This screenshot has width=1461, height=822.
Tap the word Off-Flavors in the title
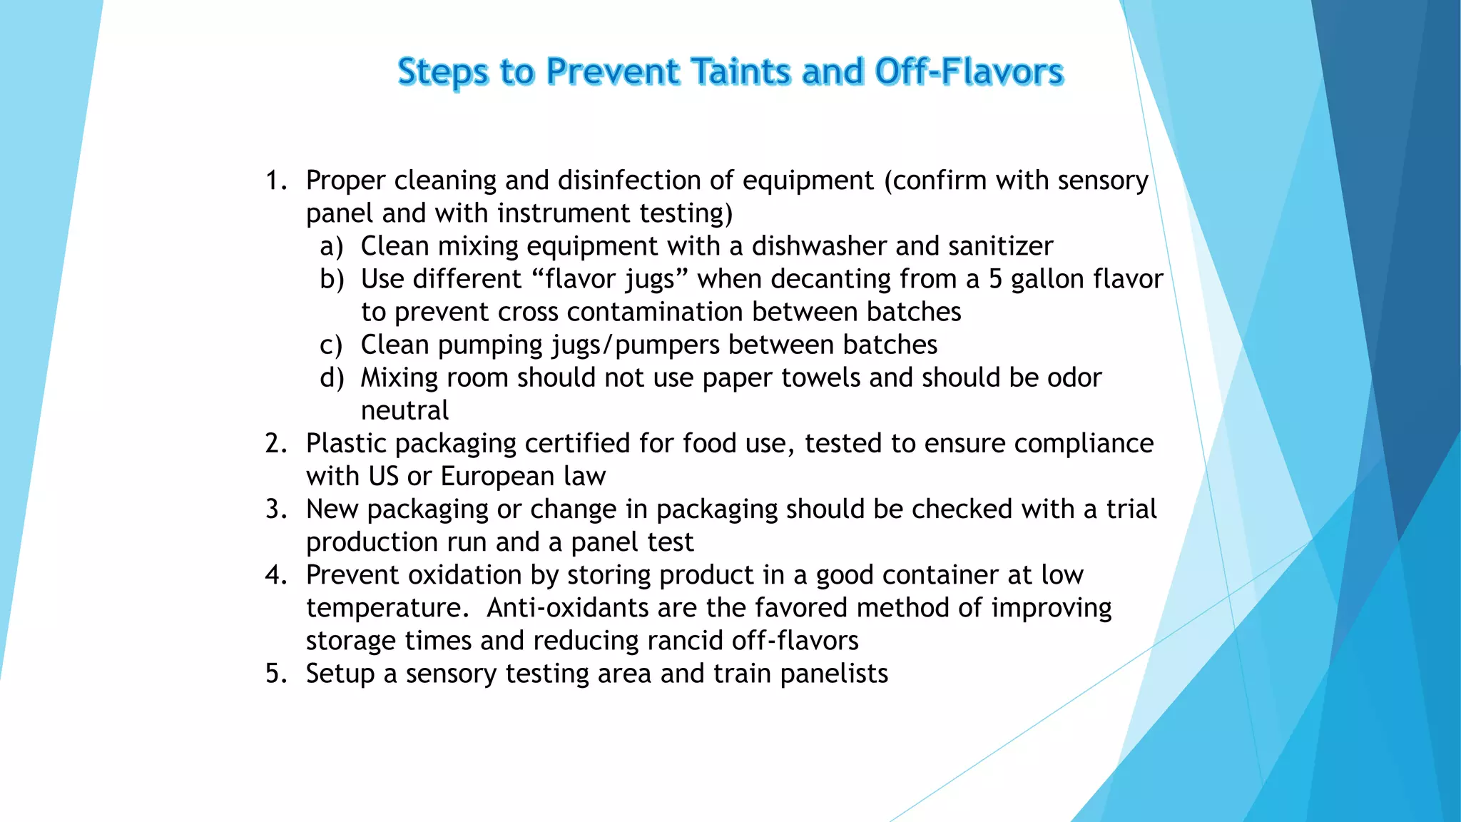tap(969, 72)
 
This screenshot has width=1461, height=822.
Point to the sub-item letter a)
tap(331, 246)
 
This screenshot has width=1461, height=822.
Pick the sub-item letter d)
tap(331, 377)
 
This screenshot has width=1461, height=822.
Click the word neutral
tap(404, 410)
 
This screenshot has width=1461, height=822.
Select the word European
tap(497, 476)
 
